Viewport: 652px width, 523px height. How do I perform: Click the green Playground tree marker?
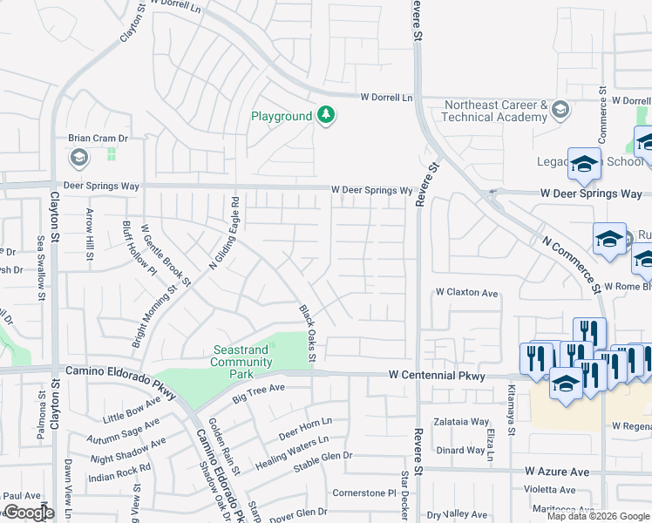pyautogui.click(x=326, y=116)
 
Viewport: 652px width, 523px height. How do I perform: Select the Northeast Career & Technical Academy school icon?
pyautogui.click(x=560, y=110)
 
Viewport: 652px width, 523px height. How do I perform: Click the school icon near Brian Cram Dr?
pyautogui.click(x=78, y=158)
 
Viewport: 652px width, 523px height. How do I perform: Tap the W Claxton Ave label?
pyautogui.click(x=467, y=294)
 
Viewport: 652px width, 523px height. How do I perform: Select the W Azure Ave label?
pyautogui.click(x=557, y=471)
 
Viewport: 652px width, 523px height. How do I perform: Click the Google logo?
pyautogui.click(x=29, y=513)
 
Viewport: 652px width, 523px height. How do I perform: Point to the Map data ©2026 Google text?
pyautogui.click(x=597, y=516)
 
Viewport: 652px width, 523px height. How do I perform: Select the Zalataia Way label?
pyautogui.click(x=462, y=421)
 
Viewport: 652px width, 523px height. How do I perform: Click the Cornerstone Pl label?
pyautogui.click(x=364, y=492)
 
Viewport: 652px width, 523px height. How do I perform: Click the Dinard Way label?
pyautogui.click(x=460, y=450)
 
